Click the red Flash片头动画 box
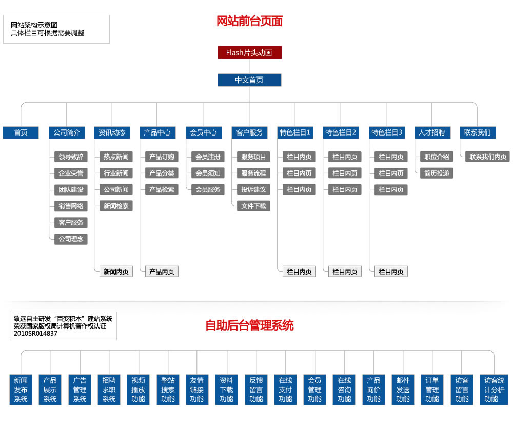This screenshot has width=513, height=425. (250, 52)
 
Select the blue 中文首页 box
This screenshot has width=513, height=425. (250, 80)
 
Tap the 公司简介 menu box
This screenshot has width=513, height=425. (67, 132)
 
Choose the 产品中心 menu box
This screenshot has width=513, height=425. (157, 132)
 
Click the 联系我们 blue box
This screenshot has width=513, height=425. (477, 132)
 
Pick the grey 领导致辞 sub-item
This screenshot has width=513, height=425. (71, 157)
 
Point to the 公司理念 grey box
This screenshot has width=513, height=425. (71, 239)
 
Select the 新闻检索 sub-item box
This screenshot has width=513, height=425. (116, 206)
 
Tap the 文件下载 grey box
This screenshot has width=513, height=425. (253, 206)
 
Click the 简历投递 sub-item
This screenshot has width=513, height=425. (437, 173)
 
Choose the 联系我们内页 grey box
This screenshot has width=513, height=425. (488, 157)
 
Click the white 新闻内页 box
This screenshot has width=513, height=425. (116, 272)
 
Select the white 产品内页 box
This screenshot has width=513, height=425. (162, 272)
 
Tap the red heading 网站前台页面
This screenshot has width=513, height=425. (250, 21)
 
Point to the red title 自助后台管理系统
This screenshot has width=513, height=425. (250, 325)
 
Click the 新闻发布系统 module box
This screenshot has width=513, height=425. (21, 390)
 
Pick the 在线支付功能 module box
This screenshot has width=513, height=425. (286, 390)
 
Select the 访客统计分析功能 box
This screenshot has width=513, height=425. (494, 390)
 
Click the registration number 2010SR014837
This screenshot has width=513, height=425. (35, 334)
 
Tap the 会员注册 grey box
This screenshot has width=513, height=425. (208, 157)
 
